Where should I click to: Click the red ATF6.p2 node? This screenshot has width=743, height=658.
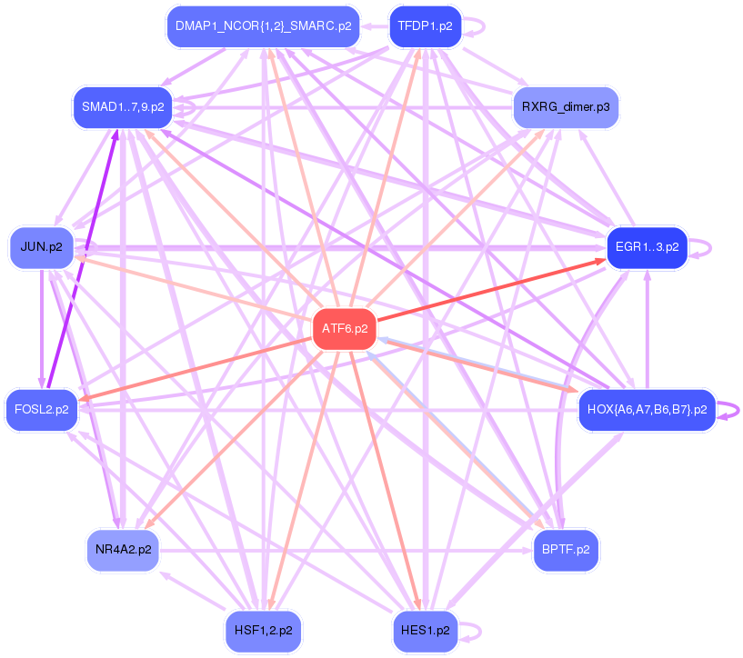click(345, 329)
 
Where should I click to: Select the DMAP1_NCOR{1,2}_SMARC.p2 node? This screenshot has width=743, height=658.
click(263, 26)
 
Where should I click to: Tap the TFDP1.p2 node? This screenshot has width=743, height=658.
click(425, 26)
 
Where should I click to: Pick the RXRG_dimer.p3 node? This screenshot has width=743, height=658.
click(566, 107)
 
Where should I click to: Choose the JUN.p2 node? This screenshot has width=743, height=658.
click(41, 247)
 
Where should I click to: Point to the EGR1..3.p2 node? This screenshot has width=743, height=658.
click(647, 247)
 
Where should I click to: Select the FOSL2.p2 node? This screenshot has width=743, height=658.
click(41, 410)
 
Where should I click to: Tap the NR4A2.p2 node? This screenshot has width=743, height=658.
click(123, 550)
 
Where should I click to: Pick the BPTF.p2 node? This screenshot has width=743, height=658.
click(566, 550)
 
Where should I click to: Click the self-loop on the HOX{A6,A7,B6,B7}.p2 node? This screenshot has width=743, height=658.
click(733, 410)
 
